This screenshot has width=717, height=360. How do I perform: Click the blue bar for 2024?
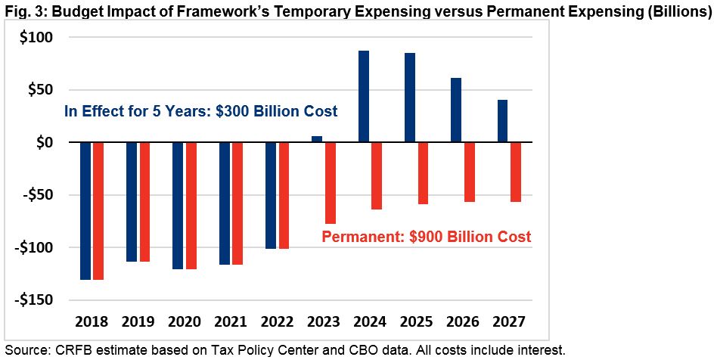point(364,96)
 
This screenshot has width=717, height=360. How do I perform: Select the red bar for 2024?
point(377,175)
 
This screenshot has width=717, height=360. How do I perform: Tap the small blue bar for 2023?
point(317,139)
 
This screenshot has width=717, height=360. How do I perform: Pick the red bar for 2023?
point(331,182)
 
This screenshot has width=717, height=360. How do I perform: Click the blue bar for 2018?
point(85,210)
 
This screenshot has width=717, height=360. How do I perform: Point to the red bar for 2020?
point(191,205)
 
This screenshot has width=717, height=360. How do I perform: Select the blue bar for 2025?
point(410,98)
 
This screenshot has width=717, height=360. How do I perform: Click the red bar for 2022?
point(284,195)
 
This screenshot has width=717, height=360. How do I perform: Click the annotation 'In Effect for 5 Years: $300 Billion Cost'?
point(200,112)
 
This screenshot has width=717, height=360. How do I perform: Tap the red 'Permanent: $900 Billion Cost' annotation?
point(426,237)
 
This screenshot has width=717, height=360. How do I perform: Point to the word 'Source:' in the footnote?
point(23,349)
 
